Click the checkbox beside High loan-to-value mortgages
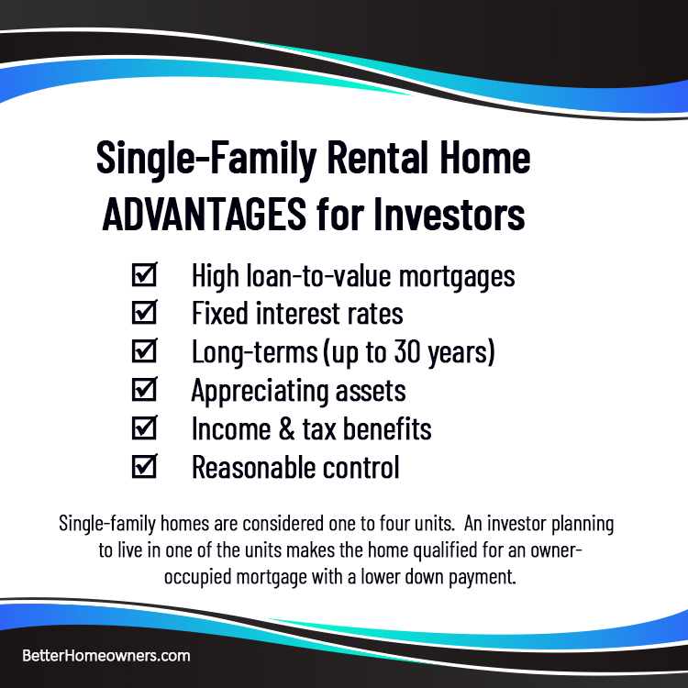(x=145, y=274)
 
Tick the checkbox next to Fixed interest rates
(x=145, y=313)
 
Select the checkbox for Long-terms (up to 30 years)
(x=145, y=351)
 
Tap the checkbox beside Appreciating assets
(x=145, y=390)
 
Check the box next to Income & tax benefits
(x=145, y=428)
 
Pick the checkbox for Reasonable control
(x=145, y=467)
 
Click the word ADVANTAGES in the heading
(x=204, y=215)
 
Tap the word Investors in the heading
(x=449, y=215)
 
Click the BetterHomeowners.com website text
(x=105, y=656)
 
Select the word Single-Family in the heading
(x=200, y=159)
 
